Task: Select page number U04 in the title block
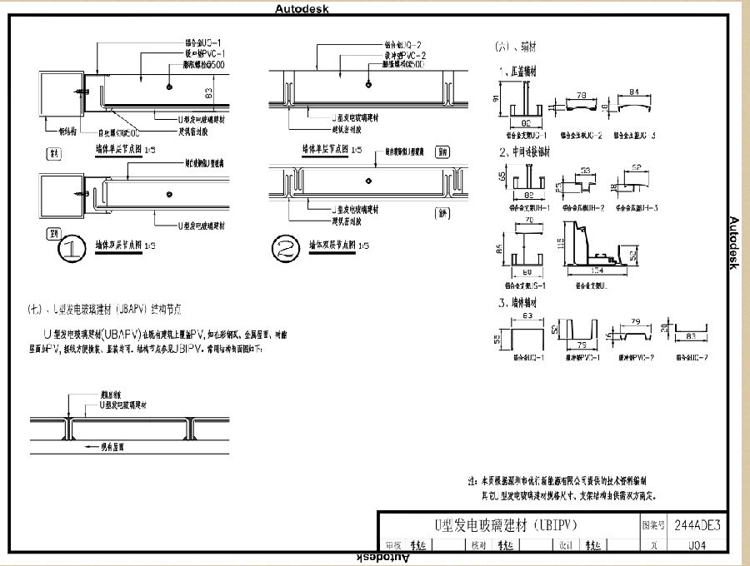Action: click(697, 546)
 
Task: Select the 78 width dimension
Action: click(581, 96)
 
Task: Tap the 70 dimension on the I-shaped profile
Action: click(527, 223)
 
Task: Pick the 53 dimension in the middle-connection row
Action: click(584, 170)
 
